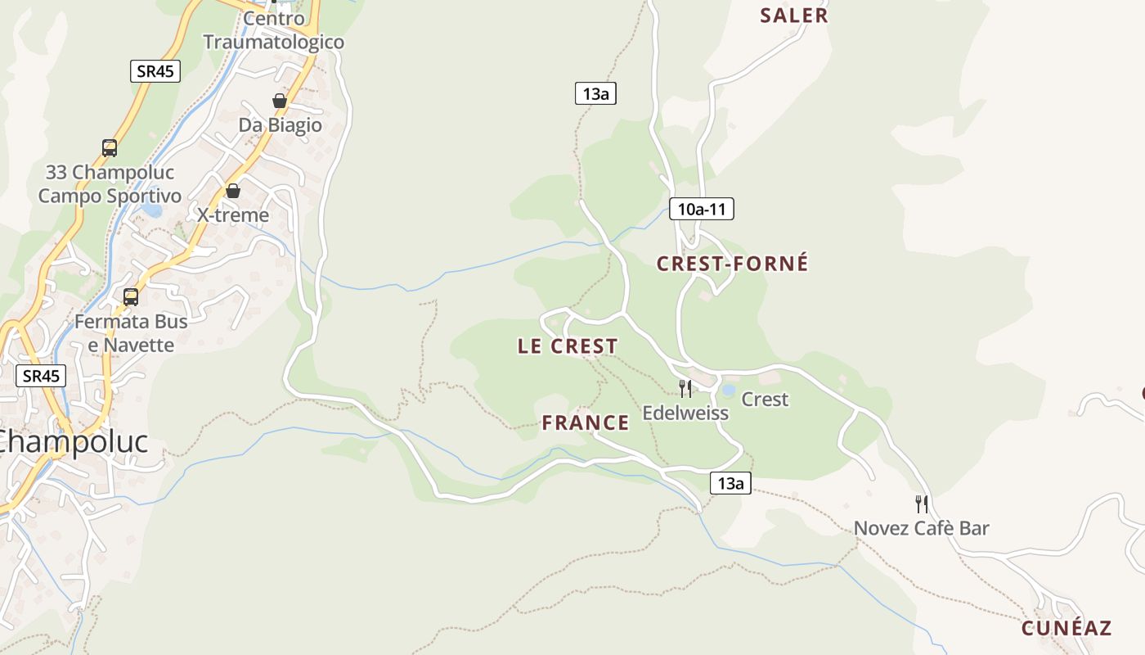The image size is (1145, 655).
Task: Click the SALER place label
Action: [x=793, y=16]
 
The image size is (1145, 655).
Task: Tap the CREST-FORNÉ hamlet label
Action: [x=732, y=264]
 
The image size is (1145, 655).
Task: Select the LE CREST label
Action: [x=568, y=346]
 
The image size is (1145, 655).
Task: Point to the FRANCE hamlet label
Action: [x=586, y=423]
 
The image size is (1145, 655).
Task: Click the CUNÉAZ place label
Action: [x=1066, y=628]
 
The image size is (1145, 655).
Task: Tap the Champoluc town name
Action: [x=74, y=442]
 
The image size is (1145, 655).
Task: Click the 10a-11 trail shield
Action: [x=701, y=210]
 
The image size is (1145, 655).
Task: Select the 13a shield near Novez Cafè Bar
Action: [x=730, y=483]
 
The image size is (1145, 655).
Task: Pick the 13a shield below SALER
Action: [x=595, y=93]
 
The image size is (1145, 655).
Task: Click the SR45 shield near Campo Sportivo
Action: [x=155, y=71]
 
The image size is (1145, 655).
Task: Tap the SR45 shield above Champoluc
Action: [x=41, y=376]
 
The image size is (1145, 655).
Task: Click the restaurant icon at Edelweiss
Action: [x=685, y=388]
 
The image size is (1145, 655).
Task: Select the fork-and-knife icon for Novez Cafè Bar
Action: [x=922, y=504]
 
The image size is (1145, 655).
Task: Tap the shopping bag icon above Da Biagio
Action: [x=280, y=101]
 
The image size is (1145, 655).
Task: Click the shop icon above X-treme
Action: [x=233, y=191]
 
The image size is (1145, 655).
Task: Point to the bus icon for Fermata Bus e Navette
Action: [x=131, y=297]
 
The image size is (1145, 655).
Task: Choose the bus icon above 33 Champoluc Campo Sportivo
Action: [x=110, y=148]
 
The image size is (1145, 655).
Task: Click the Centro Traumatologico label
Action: [x=273, y=30]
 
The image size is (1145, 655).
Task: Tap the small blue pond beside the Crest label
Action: [x=728, y=391]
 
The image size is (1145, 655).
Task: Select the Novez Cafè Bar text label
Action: [x=922, y=528]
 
